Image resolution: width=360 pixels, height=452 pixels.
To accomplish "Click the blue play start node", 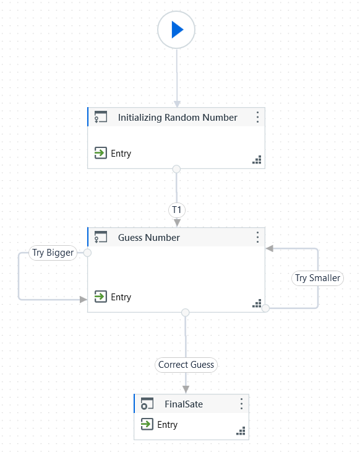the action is pos(176,29).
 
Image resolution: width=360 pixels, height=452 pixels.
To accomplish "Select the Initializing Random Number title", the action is pos(178,118).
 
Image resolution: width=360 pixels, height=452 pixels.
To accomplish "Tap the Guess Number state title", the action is pos(149,238).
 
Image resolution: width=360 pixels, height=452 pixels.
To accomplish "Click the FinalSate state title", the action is pos(184,404).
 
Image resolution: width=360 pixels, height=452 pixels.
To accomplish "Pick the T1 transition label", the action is pos(176,210).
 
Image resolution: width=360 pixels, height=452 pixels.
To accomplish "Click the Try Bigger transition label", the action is pos(53,253).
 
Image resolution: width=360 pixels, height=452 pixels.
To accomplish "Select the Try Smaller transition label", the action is pos(317,278).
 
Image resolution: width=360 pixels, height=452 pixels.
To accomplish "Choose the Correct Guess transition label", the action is pos(186,365).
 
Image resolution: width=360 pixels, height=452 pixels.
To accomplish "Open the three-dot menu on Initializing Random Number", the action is pos(257,117).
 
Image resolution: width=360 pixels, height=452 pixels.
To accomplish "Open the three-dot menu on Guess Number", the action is pos(257,237).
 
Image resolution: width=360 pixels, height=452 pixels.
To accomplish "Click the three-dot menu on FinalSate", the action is pos(241,404).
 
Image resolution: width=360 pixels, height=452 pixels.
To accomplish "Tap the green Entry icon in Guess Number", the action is pos(100,297).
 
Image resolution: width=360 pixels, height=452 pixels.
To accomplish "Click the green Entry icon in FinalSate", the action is pos(147,424).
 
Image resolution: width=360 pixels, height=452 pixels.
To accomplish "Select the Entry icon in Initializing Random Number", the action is pos(100,153).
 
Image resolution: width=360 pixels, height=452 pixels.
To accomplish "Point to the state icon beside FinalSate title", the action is pos(147,404).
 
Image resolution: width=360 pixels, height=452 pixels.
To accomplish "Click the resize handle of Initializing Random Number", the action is pos(257,160).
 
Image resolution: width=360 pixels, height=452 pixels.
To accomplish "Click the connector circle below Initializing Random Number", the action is pos(176,169).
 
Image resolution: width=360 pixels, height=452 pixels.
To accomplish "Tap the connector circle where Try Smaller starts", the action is pos(265,308).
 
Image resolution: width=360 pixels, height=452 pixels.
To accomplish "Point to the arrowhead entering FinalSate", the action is pos(186,389).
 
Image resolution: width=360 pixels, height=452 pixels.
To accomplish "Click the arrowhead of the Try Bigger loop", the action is pos(84,300).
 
